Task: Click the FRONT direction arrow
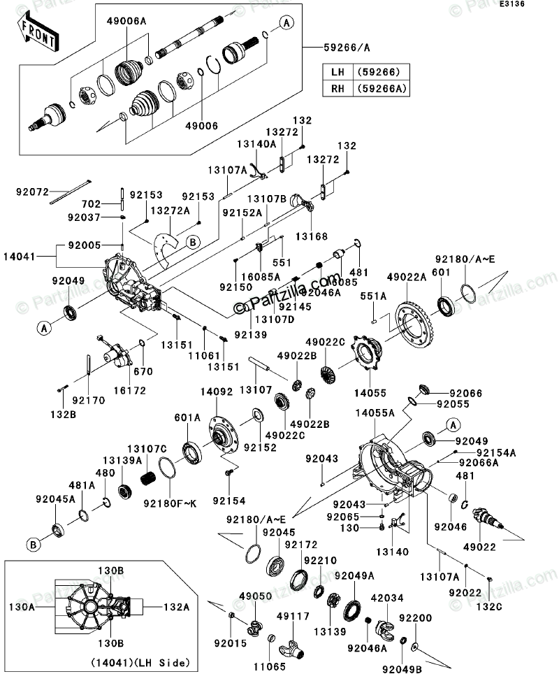pyautogui.click(x=37, y=32)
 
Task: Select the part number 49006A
pyautogui.click(x=126, y=22)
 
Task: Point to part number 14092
pyautogui.click(x=217, y=392)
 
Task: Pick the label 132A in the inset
pyautogui.click(x=177, y=608)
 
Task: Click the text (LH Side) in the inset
pyautogui.click(x=165, y=661)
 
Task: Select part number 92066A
pyautogui.click(x=479, y=461)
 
